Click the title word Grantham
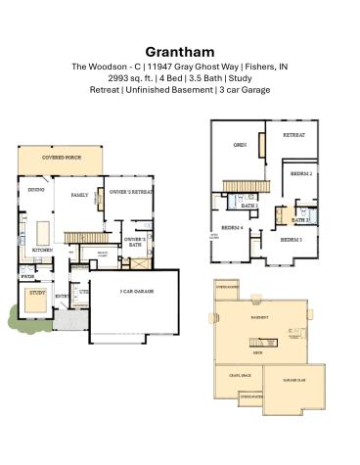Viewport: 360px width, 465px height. [179, 51]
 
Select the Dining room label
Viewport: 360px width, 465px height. [35, 190]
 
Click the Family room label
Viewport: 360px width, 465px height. [80, 195]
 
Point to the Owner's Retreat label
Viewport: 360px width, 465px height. [131, 192]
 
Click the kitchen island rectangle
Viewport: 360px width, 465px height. [42, 232]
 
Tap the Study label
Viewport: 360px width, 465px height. [37, 292]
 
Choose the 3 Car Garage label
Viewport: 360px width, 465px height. [137, 291]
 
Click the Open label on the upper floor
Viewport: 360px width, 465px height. [239, 145]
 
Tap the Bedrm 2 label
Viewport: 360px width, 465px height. [302, 173]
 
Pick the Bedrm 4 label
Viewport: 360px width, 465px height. [232, 227]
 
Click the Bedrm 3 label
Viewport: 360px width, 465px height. [291, 239]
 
